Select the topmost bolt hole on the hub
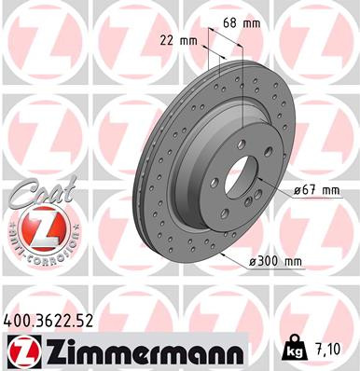pyautogui.click(x=240, y=142)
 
